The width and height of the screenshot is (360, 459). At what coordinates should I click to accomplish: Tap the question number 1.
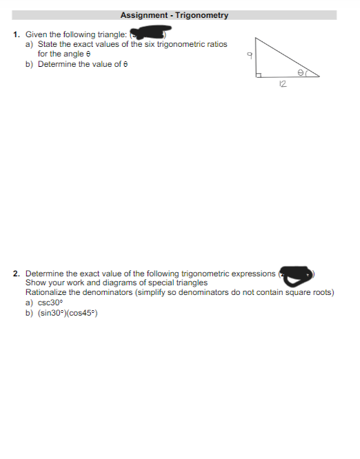click(x=15, y=34)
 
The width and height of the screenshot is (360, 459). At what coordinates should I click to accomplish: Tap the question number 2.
click(x=16, y=274)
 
